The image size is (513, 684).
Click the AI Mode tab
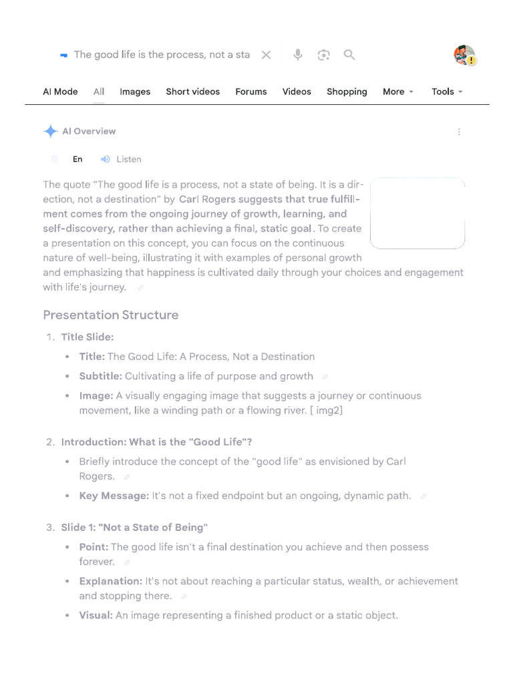point(60,92)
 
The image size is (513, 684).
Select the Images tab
point(135,92)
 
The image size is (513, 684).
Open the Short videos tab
point(192,92)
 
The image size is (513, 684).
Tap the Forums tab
point(250,92)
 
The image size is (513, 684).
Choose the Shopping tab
point(347,92)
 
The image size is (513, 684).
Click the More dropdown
point(398,92)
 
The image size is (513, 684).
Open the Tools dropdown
point(447,92)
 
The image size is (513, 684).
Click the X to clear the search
point(266,55)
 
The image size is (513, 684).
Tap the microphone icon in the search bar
point(298,55)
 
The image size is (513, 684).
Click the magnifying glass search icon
point(349,55)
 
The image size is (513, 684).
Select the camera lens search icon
point(324,55)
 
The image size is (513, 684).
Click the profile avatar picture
point(464,55)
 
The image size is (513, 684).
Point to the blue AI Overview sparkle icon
point(50,132)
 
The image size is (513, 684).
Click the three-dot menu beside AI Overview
point(459,132)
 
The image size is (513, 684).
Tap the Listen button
point(122,159)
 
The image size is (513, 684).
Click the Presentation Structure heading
point(111,315)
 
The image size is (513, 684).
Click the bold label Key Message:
point(114,496)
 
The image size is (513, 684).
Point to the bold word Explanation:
point(110,581)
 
